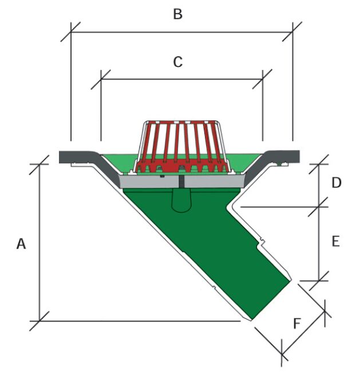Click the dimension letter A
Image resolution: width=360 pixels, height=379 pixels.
[21, 243]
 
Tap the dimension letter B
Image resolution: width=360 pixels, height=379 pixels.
[178, 14]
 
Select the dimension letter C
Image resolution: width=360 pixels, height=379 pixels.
[178, 62]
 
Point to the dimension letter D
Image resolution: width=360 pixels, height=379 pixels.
[337, 183]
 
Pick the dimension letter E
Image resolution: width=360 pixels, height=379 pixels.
[336, 241]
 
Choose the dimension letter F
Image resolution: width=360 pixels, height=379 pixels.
[297, 323]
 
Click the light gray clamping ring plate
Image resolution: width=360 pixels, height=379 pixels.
[182, 181]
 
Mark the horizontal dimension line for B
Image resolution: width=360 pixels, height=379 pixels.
[181, 31]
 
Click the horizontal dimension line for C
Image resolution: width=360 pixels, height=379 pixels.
[181, 79]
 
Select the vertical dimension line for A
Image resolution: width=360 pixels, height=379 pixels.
[39, 242]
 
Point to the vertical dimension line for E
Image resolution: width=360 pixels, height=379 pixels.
[319, 244]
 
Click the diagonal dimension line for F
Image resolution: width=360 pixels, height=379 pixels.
[303, 333]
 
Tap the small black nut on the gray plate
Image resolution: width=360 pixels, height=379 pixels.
[163, 176]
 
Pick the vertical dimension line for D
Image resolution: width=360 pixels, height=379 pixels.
[319, 185]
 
